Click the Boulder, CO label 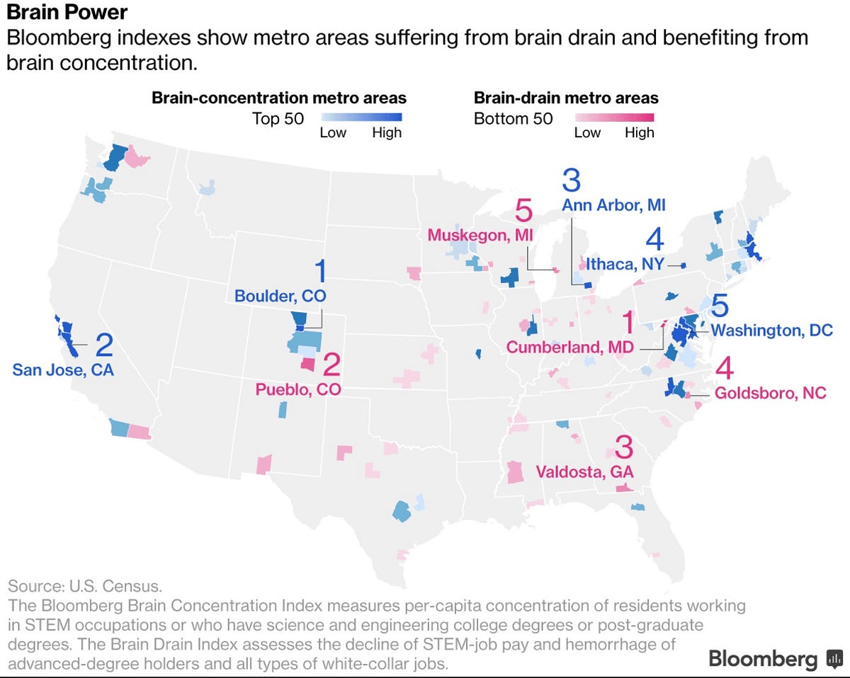click(280, 296)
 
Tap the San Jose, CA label click(63, 370)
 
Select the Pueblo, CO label click(298, 390)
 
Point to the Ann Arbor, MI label click(614, 205)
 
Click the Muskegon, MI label click(480, 236)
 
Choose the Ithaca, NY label click(625, 264)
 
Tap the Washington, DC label click(772, 331)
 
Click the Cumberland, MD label click(570, 347)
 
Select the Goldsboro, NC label click(770, 393)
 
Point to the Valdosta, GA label click(584, 472)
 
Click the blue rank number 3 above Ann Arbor click(572, 180)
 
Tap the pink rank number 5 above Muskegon click(523, 210)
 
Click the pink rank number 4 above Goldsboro click(725, 368)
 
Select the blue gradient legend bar click(362, 117)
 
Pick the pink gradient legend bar click(615, 117)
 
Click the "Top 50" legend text click(278, 119)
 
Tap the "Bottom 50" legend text click(513, 119)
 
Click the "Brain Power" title click(67, 12)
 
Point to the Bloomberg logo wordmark click(763, 659)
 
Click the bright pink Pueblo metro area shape click(308, 364)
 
